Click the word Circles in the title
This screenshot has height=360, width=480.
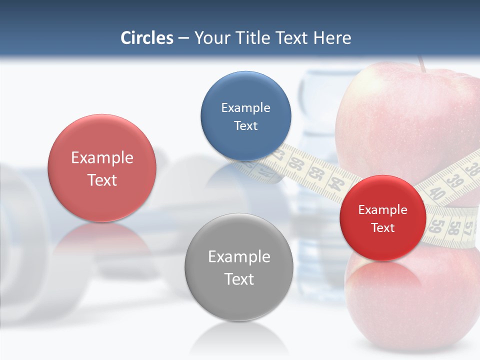tap(147, 38)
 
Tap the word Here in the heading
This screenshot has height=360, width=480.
tap(332, 38)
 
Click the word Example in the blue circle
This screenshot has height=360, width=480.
tap(245, 107)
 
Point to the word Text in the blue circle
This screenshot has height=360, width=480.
tap(245, 125)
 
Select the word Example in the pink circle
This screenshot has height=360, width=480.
tap(102, 158)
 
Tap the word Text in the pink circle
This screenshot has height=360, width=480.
tap(102, 180)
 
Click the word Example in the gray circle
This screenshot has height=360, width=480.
tap(239, 257)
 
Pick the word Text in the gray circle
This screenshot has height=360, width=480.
tap(239, 279)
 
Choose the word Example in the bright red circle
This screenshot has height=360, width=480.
tap(382, 210)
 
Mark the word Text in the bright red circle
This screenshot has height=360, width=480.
tap(382, 228)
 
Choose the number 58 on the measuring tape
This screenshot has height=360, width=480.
tap(454, 228)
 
